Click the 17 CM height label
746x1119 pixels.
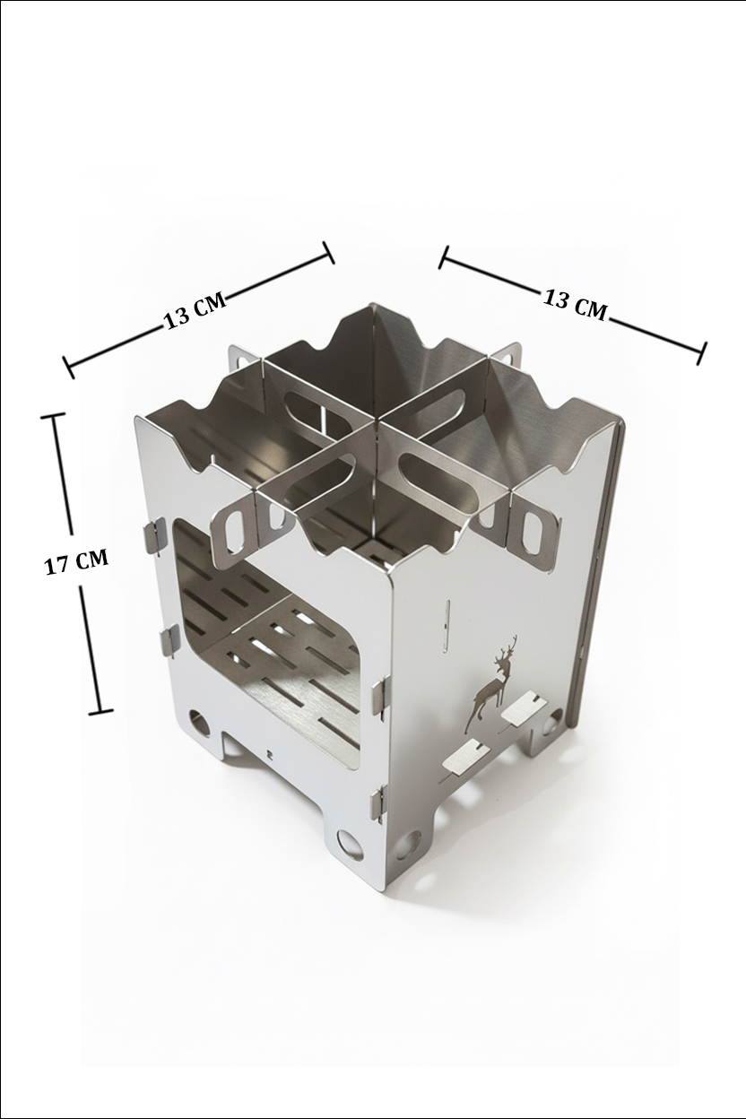coord(77,561)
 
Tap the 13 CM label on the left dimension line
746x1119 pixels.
coord(195,310)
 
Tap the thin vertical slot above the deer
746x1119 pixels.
coord(447,626)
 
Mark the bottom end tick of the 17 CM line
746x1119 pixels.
coord(101,710)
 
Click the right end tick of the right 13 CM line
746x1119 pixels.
coord(701,353)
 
